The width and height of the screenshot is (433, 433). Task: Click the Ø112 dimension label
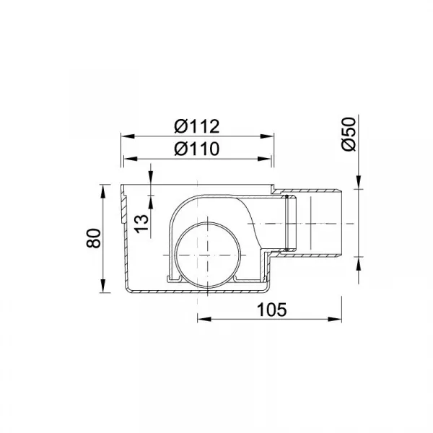tap(197, 126)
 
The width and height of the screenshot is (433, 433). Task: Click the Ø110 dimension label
tap(197, 149)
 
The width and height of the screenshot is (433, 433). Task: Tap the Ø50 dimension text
tap(349, 134)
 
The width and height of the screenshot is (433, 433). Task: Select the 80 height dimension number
tap(94, 238)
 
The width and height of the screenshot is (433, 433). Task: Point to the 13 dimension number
tap(142, 224)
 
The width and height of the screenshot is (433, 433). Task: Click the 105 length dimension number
tap(272, 310)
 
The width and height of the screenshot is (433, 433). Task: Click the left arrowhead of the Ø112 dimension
tap(128, 136)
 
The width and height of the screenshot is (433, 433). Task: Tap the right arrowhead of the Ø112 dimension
tap(267, 136)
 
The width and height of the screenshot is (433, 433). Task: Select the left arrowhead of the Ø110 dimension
tap(131, 159)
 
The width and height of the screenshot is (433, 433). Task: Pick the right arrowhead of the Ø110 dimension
tap(264, 159)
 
